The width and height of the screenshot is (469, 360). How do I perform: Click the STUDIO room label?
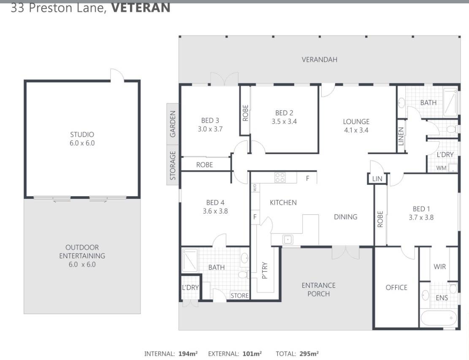[x=82, y=135]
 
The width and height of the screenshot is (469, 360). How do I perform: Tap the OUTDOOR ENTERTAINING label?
[x=82, y=252]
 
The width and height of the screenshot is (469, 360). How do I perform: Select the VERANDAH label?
[x=320, y=60]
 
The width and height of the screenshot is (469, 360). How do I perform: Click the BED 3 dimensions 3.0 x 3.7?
[x=210, y=129]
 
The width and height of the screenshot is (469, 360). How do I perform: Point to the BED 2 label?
[x=284, y=113]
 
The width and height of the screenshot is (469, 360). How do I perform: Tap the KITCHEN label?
[x=283, y=203]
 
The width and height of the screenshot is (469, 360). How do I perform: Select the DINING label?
[x=345, y=217]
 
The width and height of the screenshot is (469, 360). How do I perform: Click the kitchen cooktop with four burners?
[x=280, y=177]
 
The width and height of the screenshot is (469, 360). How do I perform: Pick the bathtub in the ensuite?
[x=439, y=319]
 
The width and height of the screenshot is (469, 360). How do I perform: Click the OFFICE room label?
[x=396, y=287]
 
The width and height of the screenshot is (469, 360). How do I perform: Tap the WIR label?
[x=439, y=266]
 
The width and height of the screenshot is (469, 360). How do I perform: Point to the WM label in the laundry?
[x=441, y=168]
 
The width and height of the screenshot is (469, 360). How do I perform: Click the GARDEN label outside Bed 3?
[x=173, y=124]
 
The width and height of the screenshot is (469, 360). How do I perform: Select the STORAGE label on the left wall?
[x=173, y=165]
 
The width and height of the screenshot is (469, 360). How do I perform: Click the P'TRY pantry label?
[x=264, y=271]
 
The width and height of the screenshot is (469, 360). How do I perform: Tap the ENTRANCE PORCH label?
[x=319, y=290]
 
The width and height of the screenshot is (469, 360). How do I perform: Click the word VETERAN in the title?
[x=141, y=8]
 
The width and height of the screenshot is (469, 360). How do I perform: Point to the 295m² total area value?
[x=309, y=354]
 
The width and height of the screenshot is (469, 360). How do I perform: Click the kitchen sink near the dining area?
[x=288, y=239]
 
